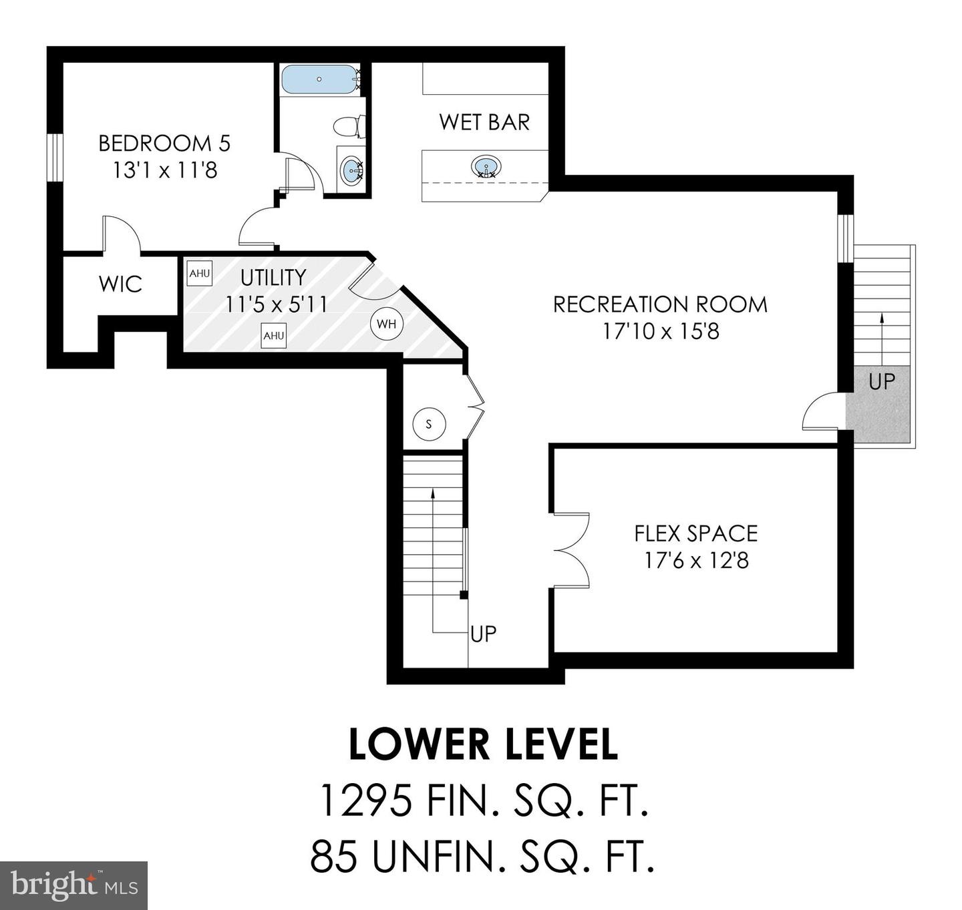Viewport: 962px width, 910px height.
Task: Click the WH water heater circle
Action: tap(386, 324)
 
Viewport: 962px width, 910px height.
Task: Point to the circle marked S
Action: tap(429, 424)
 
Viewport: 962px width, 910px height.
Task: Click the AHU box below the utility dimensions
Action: tap(274, 336)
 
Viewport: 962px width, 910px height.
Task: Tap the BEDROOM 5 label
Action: tap(164, 143)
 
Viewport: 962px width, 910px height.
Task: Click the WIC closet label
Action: tap(120, 284)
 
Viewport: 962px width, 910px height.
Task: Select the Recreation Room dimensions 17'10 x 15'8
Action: tap(661, 331)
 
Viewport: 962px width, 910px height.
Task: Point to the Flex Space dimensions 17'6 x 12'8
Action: tap(696, 560)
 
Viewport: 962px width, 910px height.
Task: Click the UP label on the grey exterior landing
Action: tap(881, 381)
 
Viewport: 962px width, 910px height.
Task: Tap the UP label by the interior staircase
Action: tap(483, 634)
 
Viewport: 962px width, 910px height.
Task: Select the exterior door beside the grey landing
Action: tap(820, 413)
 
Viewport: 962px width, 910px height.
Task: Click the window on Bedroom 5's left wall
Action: tap(54, 156)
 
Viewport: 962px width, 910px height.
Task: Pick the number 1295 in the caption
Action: tap(365, 801)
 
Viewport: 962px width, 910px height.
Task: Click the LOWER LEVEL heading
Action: tap(483, 745)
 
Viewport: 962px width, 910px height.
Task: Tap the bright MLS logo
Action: tap(73, 885)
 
